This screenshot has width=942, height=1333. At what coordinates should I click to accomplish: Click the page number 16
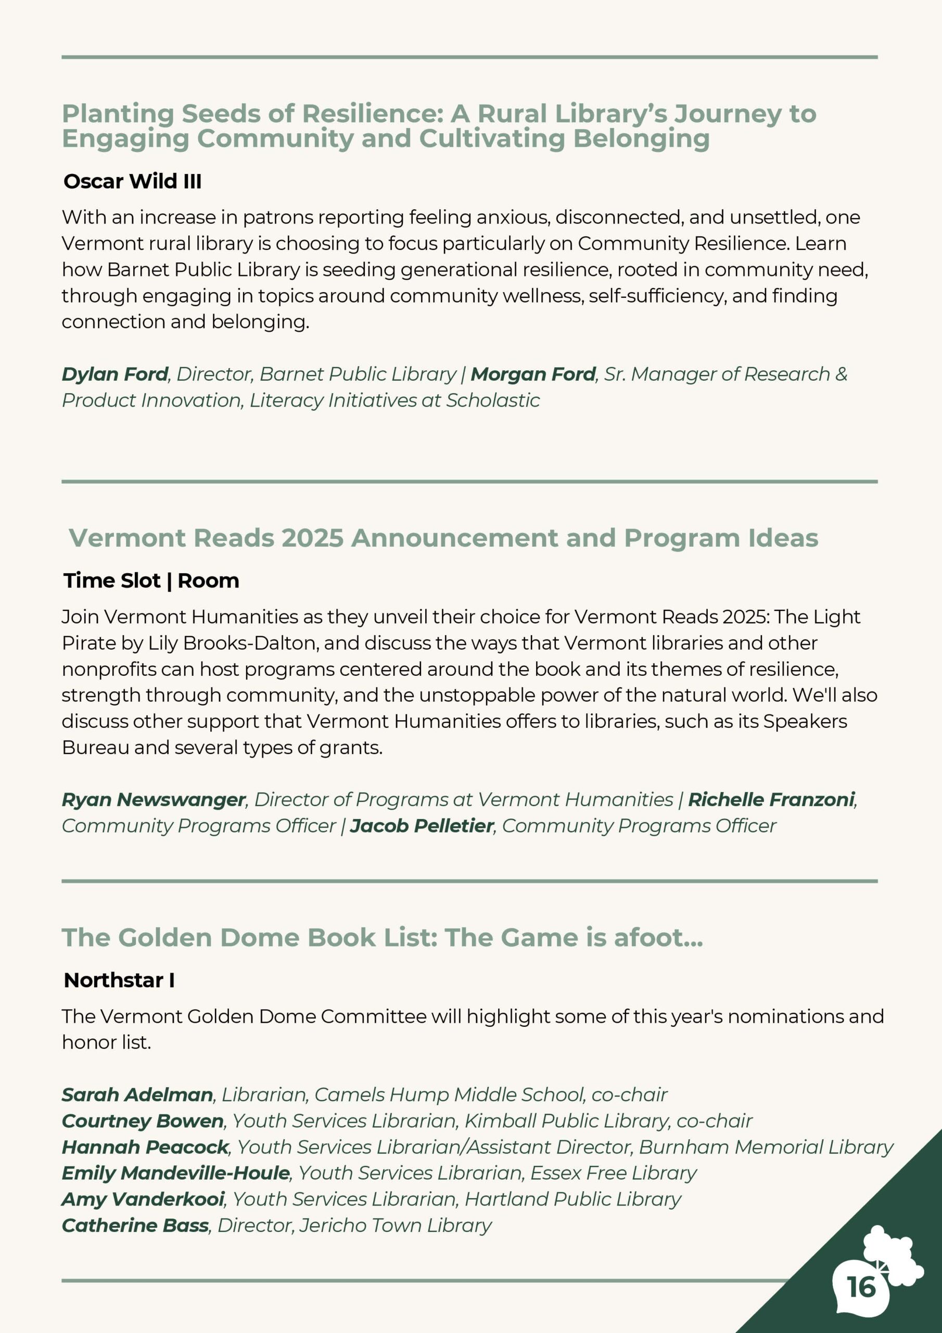pos(861,1287)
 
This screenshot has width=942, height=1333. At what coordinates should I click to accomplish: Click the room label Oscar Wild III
pos(132,181)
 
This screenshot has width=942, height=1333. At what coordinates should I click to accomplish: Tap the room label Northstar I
pos(119,980)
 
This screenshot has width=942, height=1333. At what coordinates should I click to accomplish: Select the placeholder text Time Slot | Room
pos(151,581)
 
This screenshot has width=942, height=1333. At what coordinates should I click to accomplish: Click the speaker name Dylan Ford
pos(115,374)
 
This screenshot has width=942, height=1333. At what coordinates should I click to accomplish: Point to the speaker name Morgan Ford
pos(533,374)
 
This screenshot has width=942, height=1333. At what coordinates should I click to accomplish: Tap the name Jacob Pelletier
pos(422,826)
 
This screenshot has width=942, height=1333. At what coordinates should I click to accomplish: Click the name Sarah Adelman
pos(137,1095)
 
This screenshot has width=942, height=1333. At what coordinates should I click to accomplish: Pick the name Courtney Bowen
pos(143,1121)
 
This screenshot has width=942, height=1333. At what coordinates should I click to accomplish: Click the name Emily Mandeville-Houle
pos(176,1173)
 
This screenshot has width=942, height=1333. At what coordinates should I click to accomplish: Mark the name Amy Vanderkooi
pos(143,1199)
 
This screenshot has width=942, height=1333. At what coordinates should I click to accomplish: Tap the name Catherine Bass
pos(135,1225)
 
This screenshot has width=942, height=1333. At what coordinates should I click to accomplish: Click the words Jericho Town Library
pos(395,1225)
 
